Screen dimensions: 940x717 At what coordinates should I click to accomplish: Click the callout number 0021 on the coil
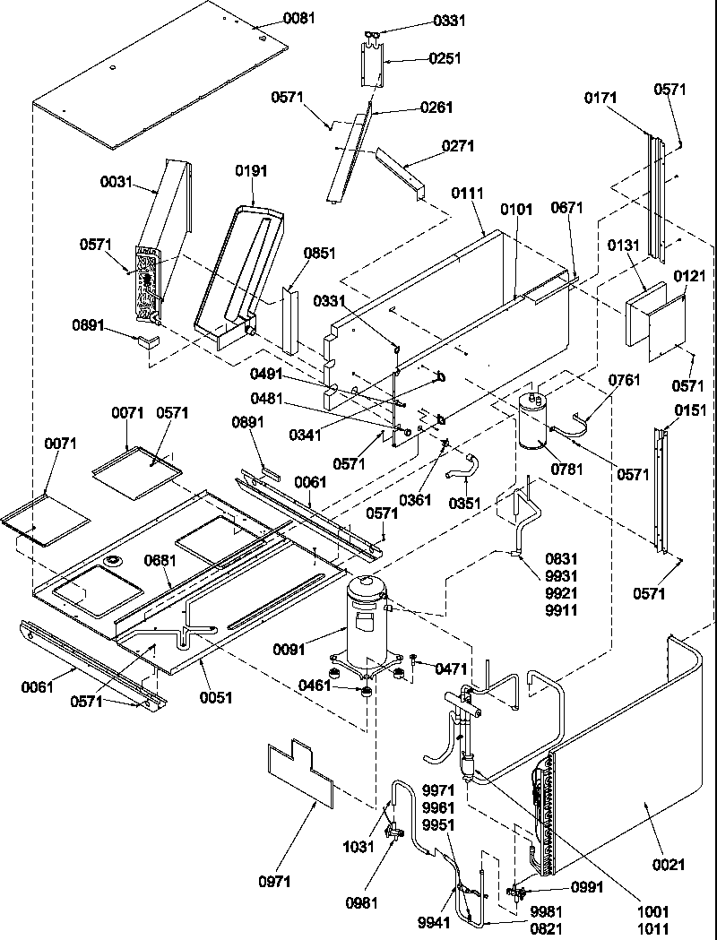tap(669, 865)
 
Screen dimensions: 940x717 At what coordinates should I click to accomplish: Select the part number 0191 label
tap(252, 170)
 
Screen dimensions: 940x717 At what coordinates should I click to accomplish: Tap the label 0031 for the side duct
tap(117, 182)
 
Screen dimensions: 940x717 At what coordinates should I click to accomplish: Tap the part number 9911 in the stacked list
tap(560, 611)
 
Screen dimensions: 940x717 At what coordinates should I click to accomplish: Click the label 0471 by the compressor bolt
tap(451, 668)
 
